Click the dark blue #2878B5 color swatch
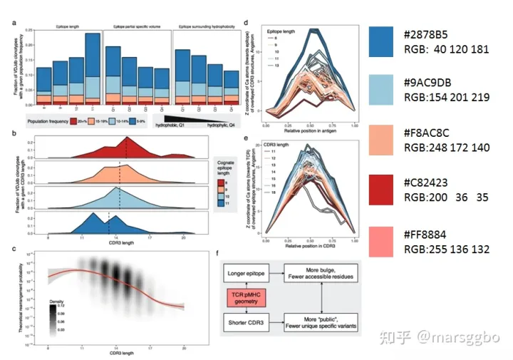(x=392, y=41)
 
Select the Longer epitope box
(x=247, y=273)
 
